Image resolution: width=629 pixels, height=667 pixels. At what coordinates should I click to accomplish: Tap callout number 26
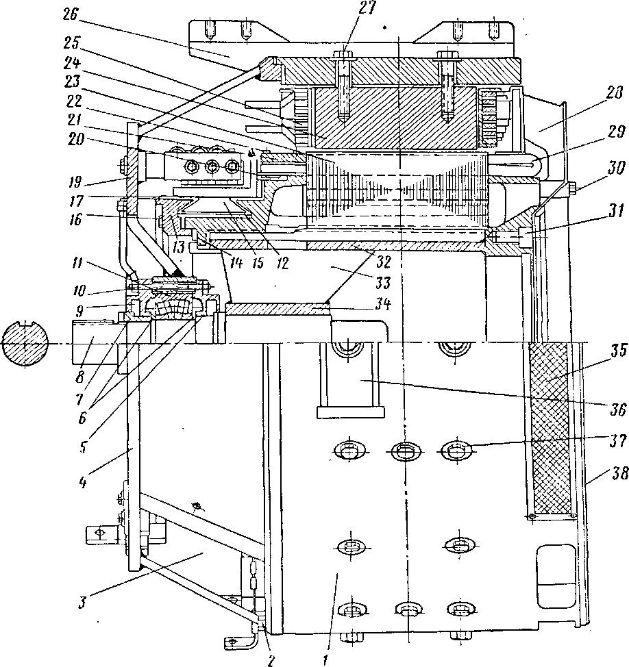click(71, 15)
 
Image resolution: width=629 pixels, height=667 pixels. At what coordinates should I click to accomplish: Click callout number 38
click(619, 473)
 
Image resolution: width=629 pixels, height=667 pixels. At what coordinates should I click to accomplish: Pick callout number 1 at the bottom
click(325, 659)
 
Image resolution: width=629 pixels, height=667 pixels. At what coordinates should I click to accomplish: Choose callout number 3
click(82, 603)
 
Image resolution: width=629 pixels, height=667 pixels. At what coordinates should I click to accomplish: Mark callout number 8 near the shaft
click(81, 377)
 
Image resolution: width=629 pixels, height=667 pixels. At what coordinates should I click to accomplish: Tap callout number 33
click(382, 282)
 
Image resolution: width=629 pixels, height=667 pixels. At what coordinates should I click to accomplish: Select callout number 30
click(616, 169)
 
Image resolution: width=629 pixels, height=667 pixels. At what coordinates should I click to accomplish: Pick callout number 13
click(178, 247)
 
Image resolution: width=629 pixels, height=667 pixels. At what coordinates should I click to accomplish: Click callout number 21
click(75, 120)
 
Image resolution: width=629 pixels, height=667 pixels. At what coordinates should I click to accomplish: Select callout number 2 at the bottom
click(271, 659)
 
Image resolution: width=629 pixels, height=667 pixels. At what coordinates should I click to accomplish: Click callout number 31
click(615, 211)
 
